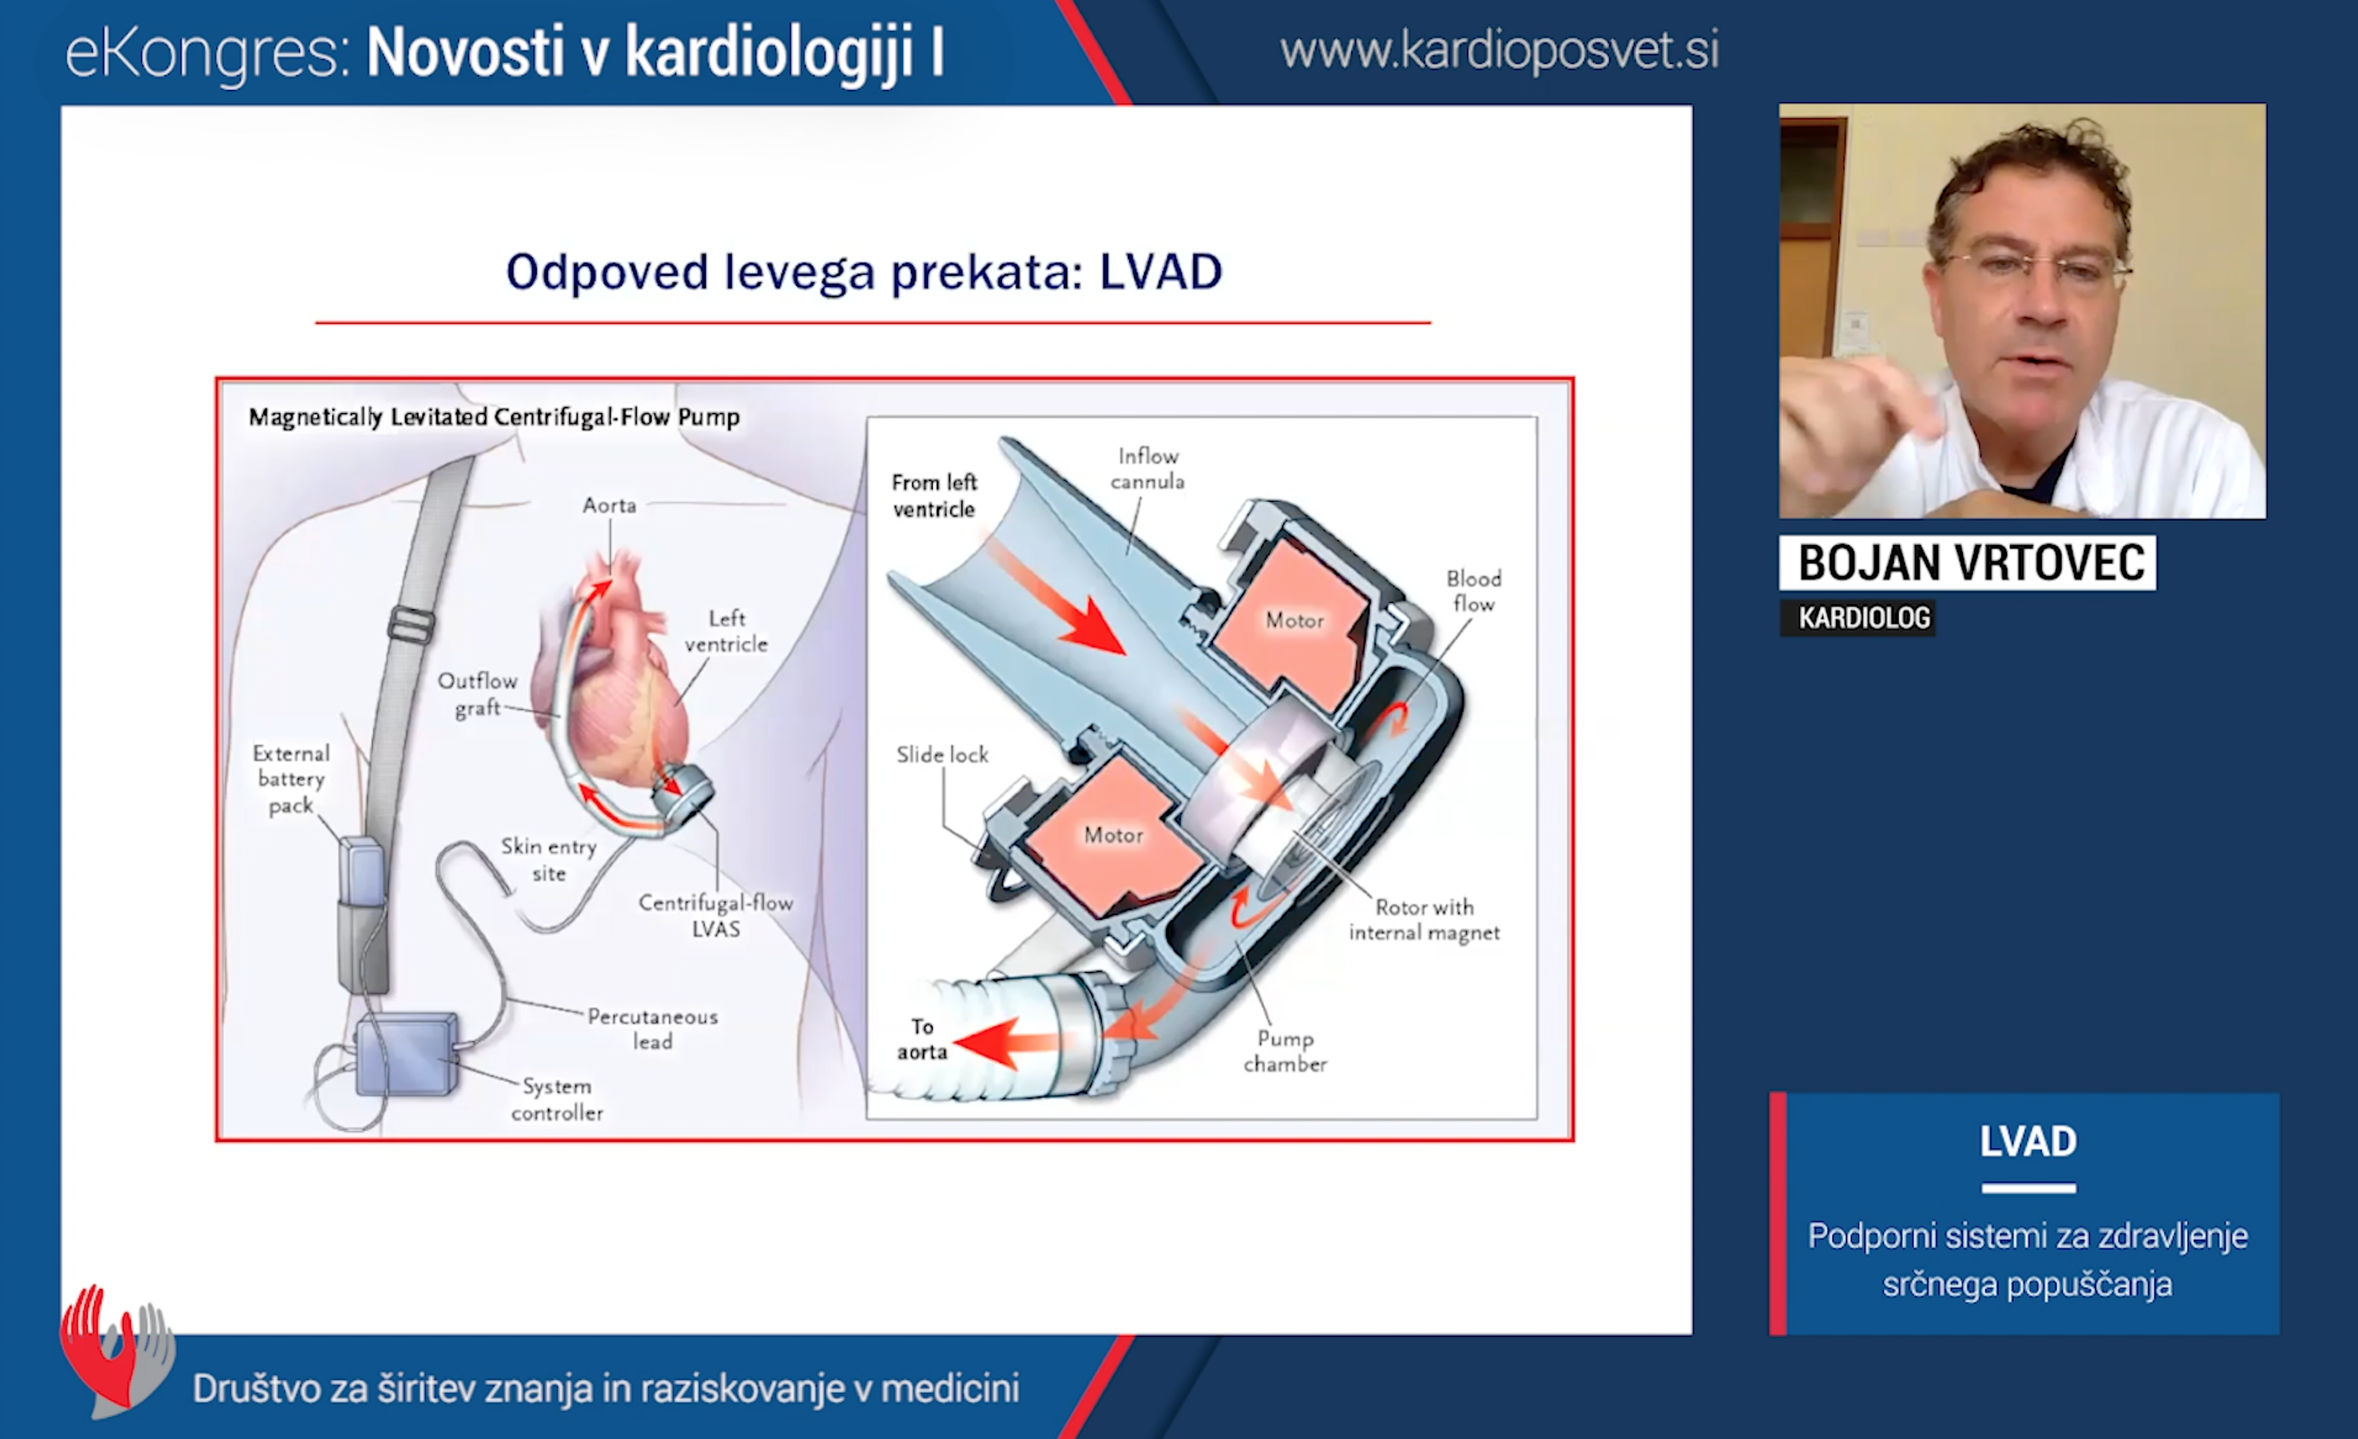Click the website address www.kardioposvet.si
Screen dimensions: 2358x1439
pyautogui.click(x=1499, y=51)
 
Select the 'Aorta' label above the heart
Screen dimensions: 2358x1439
pyautogui.click(x=610, y=505)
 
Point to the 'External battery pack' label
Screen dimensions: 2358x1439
pyautogui.click(x=291, y=779)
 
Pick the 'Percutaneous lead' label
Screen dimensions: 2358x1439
pyautogui.click(x=653, y=1028)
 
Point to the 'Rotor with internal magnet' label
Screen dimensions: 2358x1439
pyautogui.click(x=1424, y=920)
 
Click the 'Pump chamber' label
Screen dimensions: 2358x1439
pyautogui.click(x=1285, y=1051)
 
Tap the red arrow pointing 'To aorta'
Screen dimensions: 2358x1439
pyautogui.click(x=1005, y=1042)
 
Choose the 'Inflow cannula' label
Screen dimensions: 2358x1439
pyautogui.click(x=1147, y=469)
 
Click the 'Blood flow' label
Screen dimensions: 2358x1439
pyautogui.click(x=1474, y=591)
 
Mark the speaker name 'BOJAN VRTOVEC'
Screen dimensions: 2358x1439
pyautogui.click(x=1970, y=563)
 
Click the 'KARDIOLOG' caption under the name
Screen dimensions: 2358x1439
pyautogui.click(x=1863, y=618)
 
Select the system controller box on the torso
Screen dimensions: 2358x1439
pyautogui.click(x=406, y=1054)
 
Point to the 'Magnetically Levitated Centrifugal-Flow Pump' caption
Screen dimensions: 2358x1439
pyautogui.click(x=494, y=417)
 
